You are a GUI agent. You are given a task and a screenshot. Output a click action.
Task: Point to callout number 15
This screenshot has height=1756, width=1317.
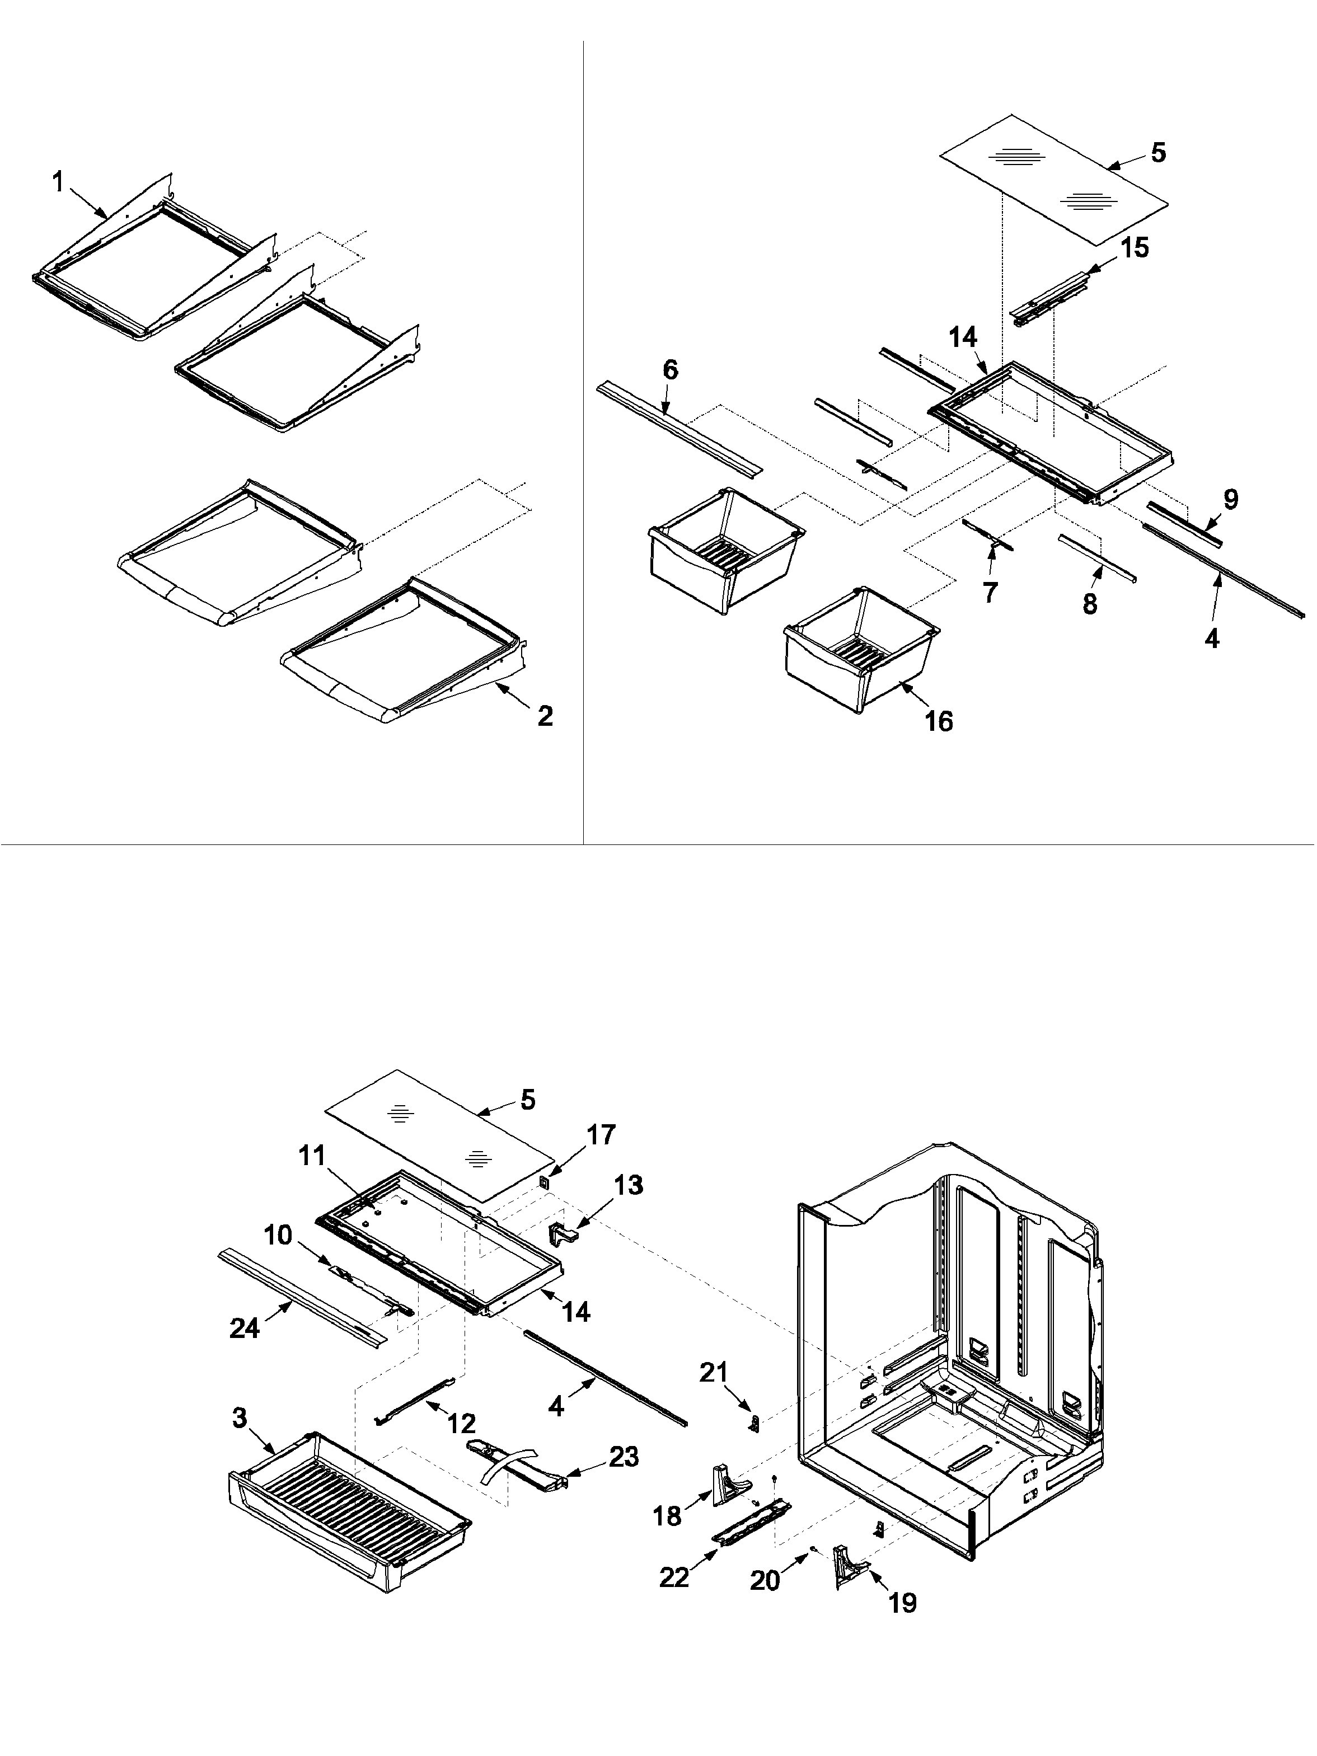1135,248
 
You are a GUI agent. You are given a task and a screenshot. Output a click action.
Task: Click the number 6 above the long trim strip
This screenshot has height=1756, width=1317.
671,370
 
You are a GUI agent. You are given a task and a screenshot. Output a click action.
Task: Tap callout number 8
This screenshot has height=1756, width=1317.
1090,604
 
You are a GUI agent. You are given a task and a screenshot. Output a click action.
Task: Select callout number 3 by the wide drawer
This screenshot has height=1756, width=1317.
240,1418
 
